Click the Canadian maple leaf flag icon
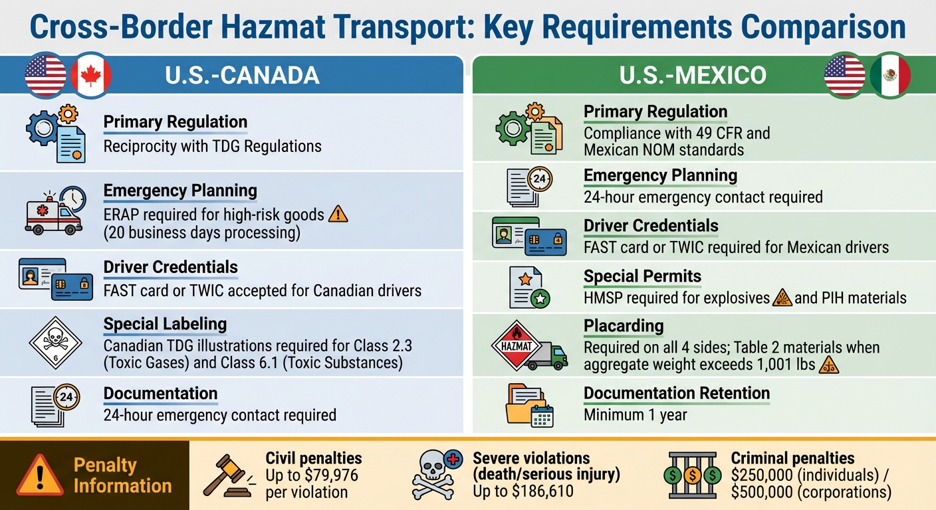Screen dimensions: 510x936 pyautogui.click(x=91, y=75)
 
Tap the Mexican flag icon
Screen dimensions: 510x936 pyautogui.click(x=890, y=75)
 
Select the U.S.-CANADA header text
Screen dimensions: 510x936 pyautogui.click(x=242, y=75)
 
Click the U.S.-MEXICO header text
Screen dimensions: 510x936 pyautogui.click(x=693, y=75)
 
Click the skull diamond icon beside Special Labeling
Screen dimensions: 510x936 pyautogui.click(x=55, y=343)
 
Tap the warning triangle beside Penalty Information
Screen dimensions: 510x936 pyautogui.click(x=40, y=475)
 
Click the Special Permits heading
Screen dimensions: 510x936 pyautogui.click(x=642, y=276)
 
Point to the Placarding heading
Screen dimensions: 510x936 pyautogui.click(x=624, y=326)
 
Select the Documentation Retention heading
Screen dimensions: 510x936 pyautogui.click(x=677, y=393)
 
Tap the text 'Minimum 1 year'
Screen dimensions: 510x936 pyautogui.click(x=635, y=415)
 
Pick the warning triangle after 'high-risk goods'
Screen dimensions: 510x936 pyautogui.click(x=338, y=214)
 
